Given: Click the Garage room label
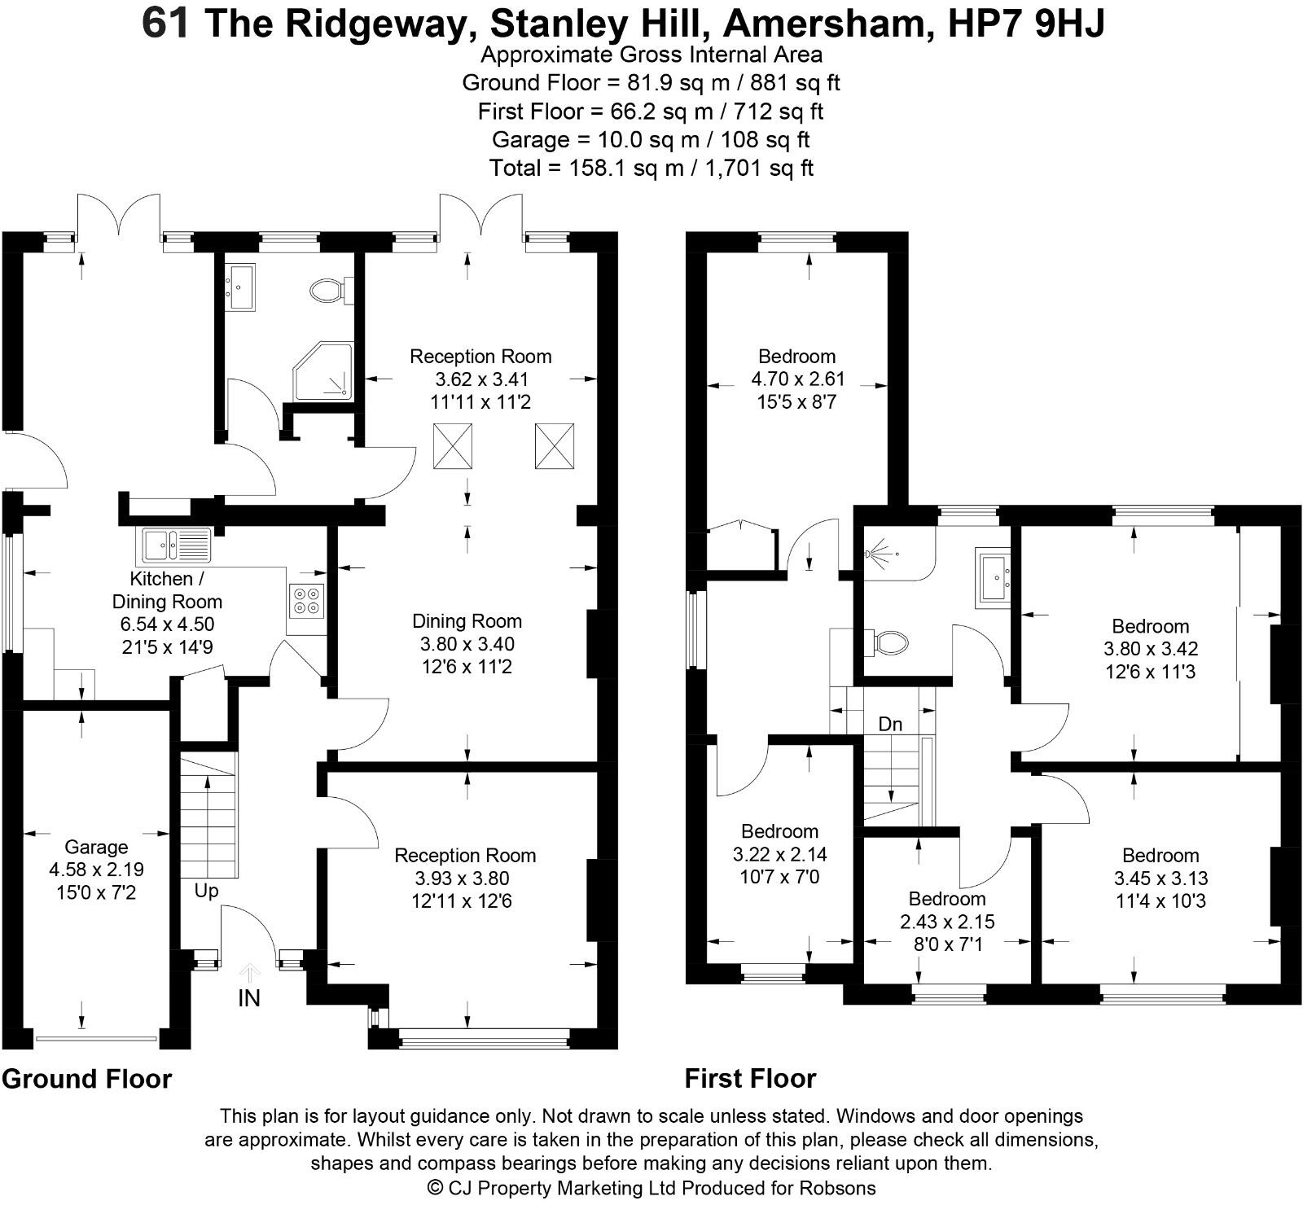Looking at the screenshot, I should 96,847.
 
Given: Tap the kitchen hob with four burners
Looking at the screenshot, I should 307,600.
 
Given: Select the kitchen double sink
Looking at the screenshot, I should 176,545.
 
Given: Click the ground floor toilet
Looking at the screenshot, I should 328,290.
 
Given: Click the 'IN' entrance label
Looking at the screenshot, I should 249,997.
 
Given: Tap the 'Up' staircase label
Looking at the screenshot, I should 206,891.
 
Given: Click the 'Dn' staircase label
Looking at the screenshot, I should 890,724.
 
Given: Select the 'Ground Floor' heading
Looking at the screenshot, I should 86,1079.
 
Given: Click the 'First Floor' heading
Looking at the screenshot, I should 750,1079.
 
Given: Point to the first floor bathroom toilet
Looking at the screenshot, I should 888,642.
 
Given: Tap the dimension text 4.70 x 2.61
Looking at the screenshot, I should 797,379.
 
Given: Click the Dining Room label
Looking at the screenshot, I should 467,621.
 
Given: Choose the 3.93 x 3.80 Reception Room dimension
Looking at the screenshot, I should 465,879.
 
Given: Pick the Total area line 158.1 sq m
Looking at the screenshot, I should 651,168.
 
